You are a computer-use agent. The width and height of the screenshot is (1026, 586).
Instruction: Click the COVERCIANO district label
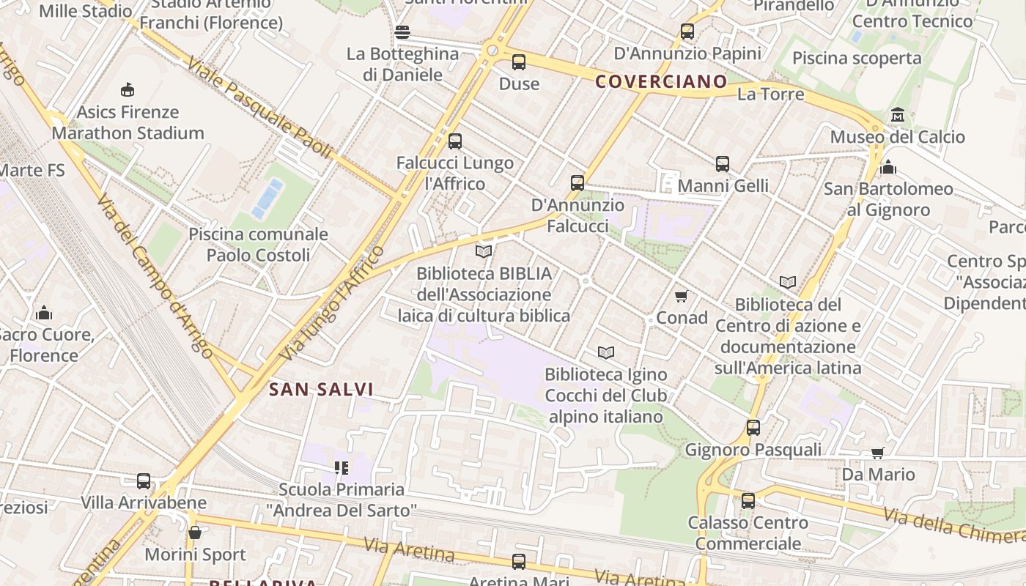(x=661, y=81)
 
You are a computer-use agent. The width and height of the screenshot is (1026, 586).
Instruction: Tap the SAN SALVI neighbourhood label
(x=321, y=390)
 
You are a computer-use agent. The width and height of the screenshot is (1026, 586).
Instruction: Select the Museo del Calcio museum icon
(x=897, y=115)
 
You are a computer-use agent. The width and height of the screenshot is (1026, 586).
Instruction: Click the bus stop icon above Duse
(x=519, y=62)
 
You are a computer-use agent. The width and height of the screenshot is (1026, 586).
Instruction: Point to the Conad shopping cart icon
(x=682, y=296)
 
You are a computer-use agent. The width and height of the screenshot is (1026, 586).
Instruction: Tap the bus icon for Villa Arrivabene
(x=144, y=481)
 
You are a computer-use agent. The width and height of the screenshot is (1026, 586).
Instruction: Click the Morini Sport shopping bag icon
(x=194, y=533)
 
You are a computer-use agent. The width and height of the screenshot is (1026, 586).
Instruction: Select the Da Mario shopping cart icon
(x=877, y=453)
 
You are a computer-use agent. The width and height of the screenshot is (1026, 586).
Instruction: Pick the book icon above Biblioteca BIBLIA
(x=484, y=251)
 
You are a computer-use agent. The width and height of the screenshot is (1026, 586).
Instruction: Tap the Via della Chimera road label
(x=953, y=526)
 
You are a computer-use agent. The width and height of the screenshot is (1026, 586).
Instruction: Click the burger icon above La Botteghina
(x=402, y=32)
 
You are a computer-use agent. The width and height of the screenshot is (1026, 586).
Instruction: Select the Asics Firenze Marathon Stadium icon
(x=128, y=90)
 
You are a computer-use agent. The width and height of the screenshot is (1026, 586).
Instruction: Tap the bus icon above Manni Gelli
(x=723, y=164)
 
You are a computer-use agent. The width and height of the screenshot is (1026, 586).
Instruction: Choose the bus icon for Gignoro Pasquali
(x=753, y=428)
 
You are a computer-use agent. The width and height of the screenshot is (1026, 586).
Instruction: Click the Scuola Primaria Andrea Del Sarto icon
(x=341, y=467)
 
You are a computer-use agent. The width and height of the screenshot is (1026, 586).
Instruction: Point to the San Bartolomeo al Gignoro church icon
(x=888, y=168)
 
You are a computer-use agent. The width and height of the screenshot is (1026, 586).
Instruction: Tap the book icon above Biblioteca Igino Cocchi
(x=606, y=352)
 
